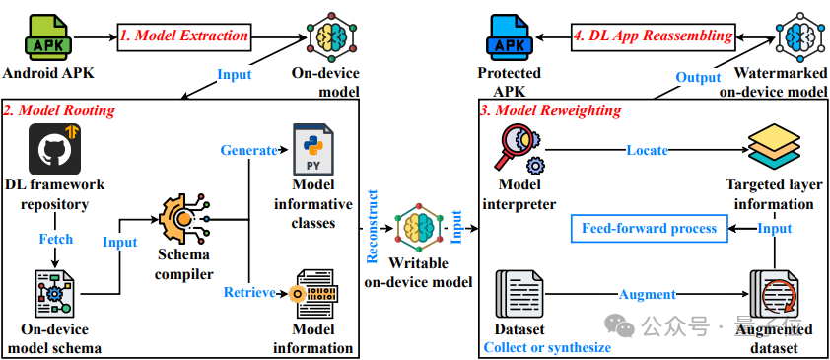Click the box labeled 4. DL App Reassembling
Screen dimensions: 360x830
(x=654, y=36)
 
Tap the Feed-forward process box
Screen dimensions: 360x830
(x=648, y=229)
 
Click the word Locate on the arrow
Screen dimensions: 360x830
(x=646, y=150)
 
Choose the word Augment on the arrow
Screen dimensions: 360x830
(x=647, y=294)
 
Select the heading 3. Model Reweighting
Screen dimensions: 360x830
(x=550, y=110)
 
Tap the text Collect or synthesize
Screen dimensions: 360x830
(x=547, y=347)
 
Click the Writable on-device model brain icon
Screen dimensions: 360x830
(x=417, y=230)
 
